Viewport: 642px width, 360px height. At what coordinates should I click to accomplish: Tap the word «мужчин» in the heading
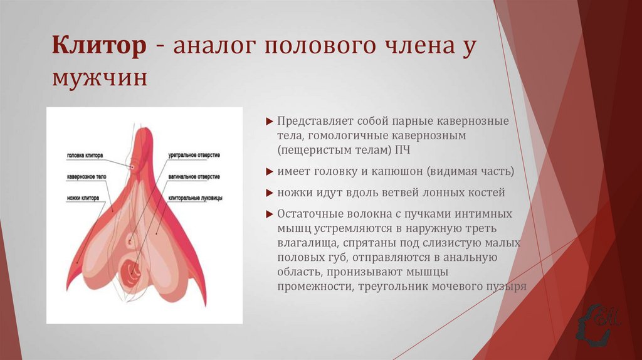[100, 80]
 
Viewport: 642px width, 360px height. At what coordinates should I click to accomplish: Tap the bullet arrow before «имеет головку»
[269, 172]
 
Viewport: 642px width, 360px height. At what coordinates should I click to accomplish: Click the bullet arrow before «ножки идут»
[269, 193]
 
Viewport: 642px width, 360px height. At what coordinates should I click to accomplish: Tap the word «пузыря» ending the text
[506, 287]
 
